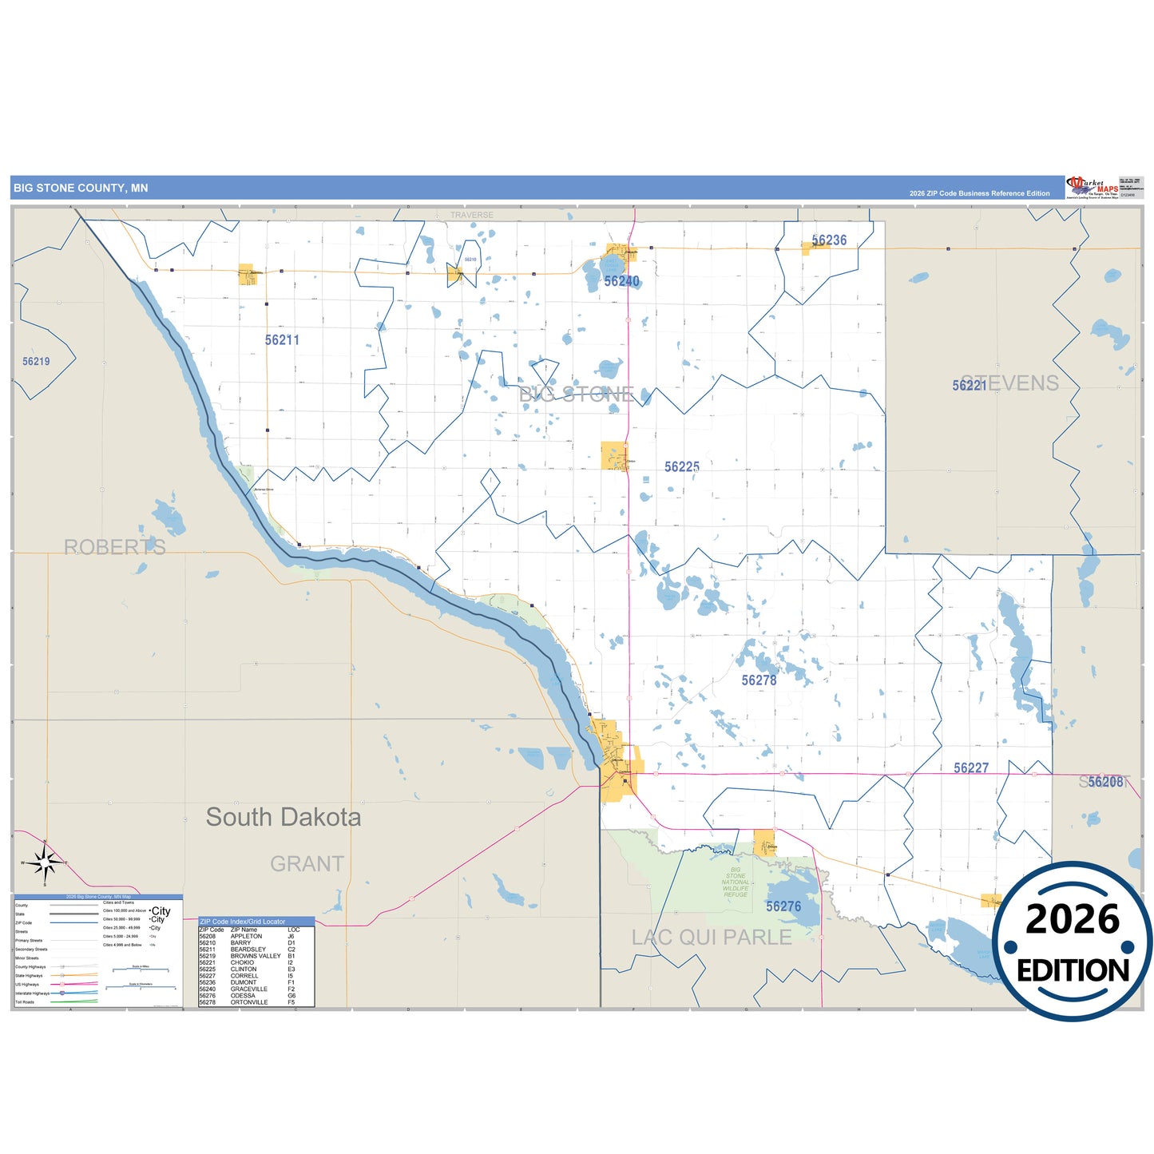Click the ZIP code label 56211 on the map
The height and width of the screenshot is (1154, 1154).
282,340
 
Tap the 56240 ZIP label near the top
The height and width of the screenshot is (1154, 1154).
621,281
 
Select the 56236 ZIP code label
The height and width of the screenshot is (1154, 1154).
829,240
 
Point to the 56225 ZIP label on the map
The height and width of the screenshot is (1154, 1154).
682,467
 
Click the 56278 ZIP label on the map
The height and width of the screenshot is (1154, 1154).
759,680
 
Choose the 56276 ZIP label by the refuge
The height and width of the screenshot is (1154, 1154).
783,906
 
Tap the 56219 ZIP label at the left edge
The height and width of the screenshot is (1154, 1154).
36,362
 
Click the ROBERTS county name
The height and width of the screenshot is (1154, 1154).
115,547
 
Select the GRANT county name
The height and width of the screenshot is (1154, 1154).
307,864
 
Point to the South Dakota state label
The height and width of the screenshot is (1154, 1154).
284,817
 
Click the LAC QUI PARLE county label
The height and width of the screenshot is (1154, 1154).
712,938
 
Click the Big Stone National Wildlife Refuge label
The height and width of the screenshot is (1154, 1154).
736,882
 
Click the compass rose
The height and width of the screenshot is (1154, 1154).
45,863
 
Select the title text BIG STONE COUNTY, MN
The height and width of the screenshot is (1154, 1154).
81,188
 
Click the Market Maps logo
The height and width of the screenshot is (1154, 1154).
1093,188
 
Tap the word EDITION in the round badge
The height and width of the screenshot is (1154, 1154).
1073,970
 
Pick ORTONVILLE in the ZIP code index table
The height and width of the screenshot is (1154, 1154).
249,1002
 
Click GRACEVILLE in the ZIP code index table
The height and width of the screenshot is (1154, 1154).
248,989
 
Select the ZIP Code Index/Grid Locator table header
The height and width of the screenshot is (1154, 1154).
242,922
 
